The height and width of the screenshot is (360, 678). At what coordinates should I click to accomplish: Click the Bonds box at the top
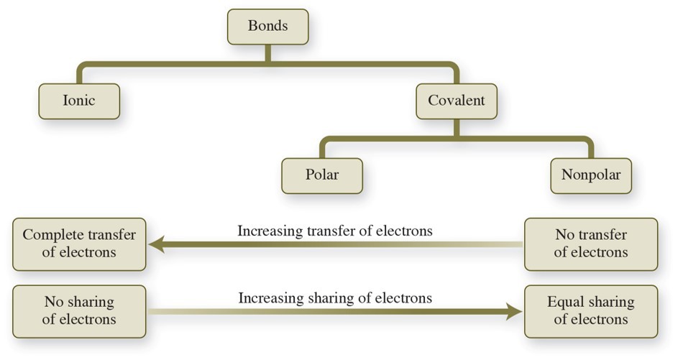(267, 27)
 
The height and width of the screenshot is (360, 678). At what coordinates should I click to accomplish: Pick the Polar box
(321, 175)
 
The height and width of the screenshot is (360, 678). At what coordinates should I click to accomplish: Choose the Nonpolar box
(590, 175)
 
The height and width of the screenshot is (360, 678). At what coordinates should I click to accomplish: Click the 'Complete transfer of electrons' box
(79, 244)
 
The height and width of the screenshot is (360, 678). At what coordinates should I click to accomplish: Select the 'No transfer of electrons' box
(590, 244)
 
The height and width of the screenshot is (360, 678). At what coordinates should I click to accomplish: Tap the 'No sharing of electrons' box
(79, 311)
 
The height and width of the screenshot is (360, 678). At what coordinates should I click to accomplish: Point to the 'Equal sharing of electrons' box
(590, 311)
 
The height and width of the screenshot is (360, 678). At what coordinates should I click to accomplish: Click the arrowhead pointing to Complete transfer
(157, 245)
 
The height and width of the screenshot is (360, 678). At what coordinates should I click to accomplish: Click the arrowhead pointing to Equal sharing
(512, 312)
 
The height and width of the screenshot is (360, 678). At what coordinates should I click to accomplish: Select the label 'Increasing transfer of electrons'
(335, 231)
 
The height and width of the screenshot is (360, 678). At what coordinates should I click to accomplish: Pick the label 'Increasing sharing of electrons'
(335, 297)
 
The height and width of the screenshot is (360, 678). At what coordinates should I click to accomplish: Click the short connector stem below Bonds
(267, 54)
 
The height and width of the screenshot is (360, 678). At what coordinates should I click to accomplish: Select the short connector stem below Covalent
(457, 128)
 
